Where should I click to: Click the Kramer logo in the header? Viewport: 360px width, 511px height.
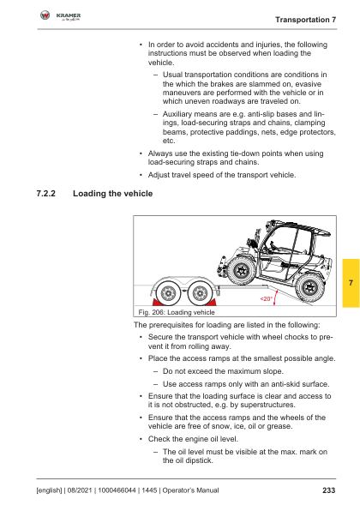pyautogui.click(x=60, y=15)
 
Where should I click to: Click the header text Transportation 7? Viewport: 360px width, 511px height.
pyautogui.click(x=306, y=20)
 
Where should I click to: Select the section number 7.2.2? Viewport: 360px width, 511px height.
pyautogui.click(x=46, y=194)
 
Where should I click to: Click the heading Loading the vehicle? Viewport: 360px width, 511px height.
pyautogui.click(x=113, y=194)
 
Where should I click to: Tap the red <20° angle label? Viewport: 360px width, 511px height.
pyautogui.click(x=266, y=299)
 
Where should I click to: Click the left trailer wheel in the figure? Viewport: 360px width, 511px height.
pyautogui.click(x=168, y=293)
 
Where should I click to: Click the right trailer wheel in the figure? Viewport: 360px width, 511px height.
pyautogui.click(x=200, y=293)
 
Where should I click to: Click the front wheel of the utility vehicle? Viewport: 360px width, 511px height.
pyautogui.click(x=242, y=270)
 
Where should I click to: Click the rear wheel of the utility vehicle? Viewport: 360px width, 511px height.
pyautogui.click(x=309, y=288)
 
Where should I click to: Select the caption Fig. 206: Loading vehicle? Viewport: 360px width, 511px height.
pyautogui.click(x=177, y=312)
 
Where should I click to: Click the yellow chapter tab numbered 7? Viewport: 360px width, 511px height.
pyautogui.click(x=351, y=283)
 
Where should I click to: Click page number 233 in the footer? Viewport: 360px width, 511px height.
pyautogui.click(x=329, y=490)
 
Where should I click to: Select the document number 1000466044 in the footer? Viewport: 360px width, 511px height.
pyautogui.click(x=117, y=490)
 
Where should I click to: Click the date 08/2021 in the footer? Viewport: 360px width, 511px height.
pyautogui.click(x=80, y=490)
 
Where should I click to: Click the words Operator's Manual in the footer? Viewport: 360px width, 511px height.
pyautogui.click(x=190, y=490)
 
